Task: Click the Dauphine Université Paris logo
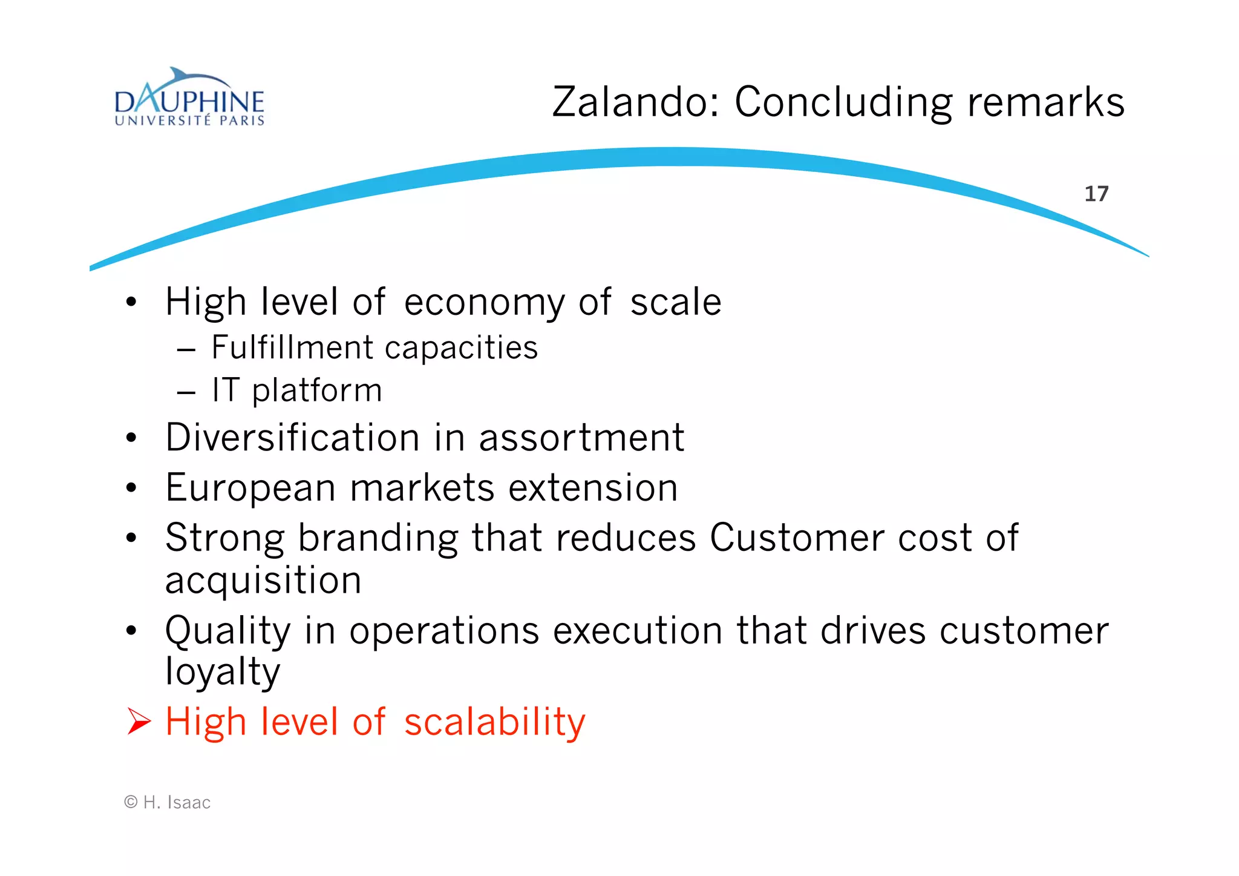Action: coord(189,99)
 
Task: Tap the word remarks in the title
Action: coord(1046,102)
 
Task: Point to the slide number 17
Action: coord(1096,194)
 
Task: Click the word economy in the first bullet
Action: coord(484,303)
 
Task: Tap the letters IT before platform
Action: coord(226,390)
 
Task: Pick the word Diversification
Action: coord(292,437)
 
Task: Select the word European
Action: coord(250,488)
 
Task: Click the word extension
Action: coord(593,488)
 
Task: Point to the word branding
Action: coord(378,538)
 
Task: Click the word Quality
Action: coord(228,631)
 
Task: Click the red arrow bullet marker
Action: coord(139,722)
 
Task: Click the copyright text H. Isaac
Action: coord(176,803)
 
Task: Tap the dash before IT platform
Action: coord(186,392)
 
